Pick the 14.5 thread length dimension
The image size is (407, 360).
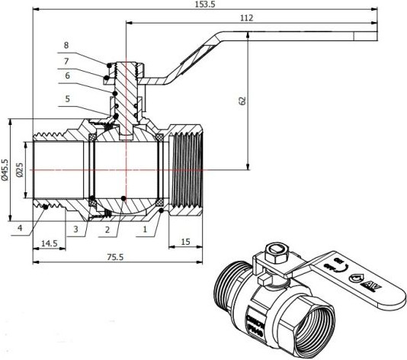48,243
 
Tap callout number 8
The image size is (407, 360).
66,45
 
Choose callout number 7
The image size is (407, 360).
66,60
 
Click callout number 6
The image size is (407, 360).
66,76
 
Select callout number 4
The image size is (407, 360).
21,227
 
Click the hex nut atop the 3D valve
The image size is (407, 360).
277,253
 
